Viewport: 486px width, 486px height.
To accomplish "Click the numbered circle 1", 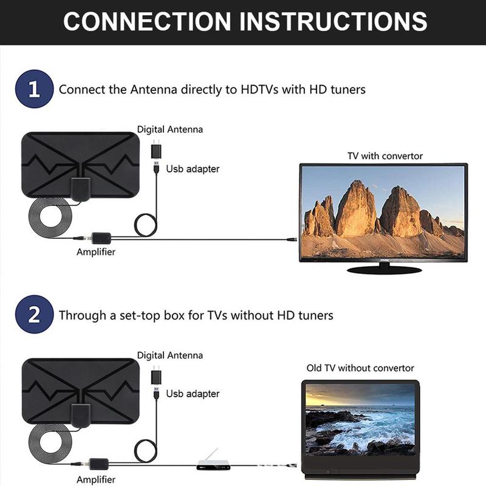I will tap(34, 90).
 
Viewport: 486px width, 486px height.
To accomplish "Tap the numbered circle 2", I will tap(34, 315).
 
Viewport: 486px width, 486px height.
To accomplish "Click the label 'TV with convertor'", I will tap(385, 156).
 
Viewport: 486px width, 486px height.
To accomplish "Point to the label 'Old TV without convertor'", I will tap(360, 368).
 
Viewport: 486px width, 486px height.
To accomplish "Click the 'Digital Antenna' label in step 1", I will tap(169, 129).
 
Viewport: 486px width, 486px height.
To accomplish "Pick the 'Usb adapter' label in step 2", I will tap(193, 394).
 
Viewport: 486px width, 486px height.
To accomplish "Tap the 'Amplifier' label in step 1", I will tap(95, 252).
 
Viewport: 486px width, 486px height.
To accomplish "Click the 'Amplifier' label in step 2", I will tap(95, 479).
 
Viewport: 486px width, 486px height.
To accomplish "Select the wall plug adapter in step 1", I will tap(156, 149).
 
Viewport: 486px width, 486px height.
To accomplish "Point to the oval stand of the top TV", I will tap(385, 269).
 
